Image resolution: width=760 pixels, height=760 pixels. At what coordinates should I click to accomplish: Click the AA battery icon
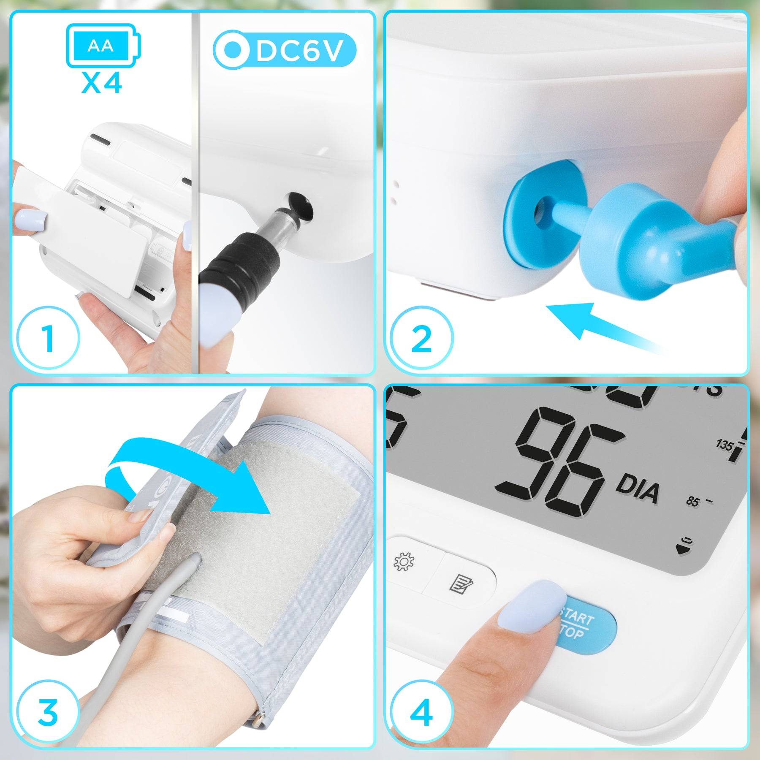click(103, 45)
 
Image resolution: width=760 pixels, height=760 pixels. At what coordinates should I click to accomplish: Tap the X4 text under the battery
click(102, 83)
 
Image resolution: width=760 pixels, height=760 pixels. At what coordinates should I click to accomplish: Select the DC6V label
click(285, 50)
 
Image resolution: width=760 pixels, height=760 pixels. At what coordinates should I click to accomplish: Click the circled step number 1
click(48, 338)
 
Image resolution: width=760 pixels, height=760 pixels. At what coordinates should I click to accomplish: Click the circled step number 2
click(421, 338)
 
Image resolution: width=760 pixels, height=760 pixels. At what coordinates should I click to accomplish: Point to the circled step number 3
click(48, 712)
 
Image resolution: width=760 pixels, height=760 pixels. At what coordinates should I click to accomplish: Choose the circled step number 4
click(421, 712)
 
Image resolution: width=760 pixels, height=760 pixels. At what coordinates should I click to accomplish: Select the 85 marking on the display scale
click(692, 502)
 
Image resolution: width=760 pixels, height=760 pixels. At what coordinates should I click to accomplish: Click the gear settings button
click(404, 562)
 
